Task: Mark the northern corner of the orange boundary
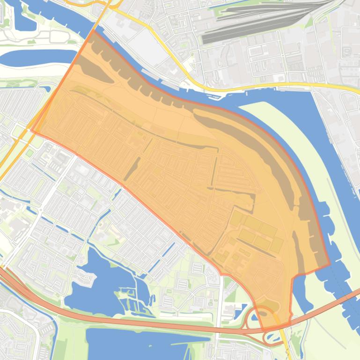(x=93, y=31)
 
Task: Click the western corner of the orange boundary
(x=32, y=131)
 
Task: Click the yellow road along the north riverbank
(x=262, y=87)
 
